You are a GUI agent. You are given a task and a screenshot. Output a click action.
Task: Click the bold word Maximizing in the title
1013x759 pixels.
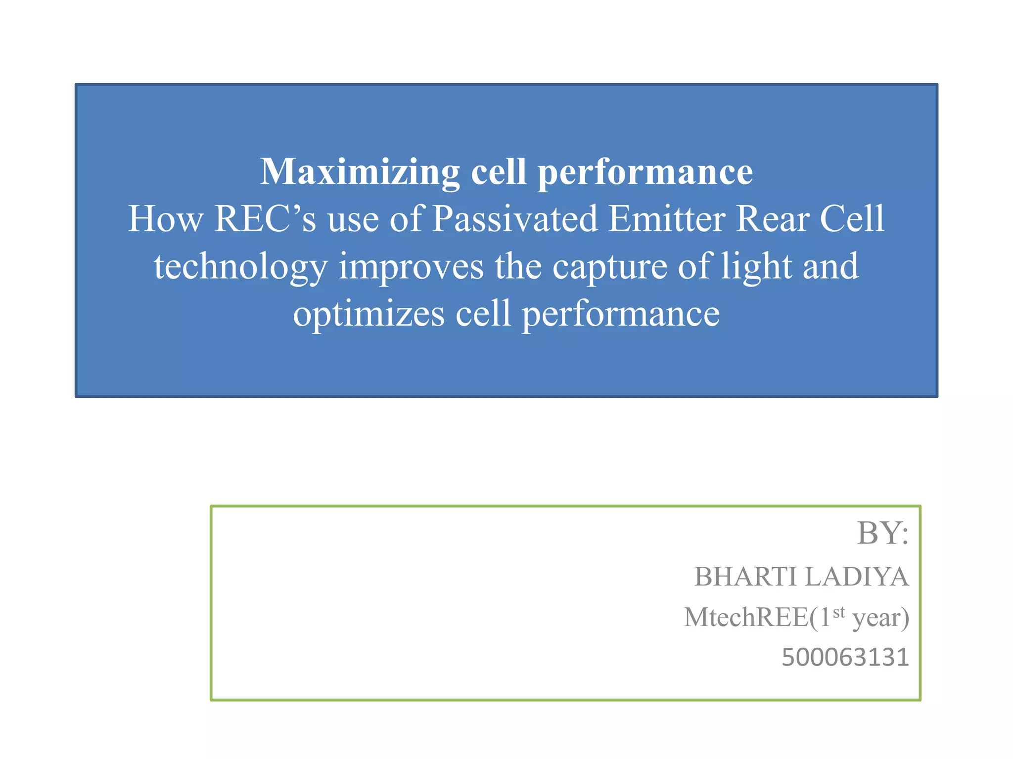(x=360, y=171)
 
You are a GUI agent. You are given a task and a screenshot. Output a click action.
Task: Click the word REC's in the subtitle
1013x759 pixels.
(x=265, y=219)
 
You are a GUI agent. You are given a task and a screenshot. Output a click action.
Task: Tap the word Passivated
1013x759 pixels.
(x=514, y=219)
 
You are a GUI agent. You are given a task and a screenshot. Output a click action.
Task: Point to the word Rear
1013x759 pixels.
(x=772, y=219)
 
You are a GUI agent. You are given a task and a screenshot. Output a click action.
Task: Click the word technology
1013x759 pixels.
(x=240, y=267)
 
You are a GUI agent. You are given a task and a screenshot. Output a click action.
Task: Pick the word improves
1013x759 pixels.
(x=411, y=267)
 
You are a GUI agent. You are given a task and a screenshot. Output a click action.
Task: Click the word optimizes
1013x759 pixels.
(x=368, y=314)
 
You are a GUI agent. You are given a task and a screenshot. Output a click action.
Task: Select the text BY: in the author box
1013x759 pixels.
(x=882, y=533)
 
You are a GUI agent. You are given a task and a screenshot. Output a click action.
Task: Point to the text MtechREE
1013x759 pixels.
(x=746, y=618)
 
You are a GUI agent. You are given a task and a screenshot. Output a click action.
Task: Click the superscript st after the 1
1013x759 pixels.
(x=839, y=612)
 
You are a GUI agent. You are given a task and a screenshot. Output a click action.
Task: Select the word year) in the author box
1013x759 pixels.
(x=881, y=619)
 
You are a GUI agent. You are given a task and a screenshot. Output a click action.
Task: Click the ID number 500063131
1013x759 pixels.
(x=845, y=658)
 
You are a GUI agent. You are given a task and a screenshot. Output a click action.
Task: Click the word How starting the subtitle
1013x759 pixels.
(x=165, y=219)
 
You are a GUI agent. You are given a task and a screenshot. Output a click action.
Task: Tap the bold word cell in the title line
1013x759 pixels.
(x=498, y=171)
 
